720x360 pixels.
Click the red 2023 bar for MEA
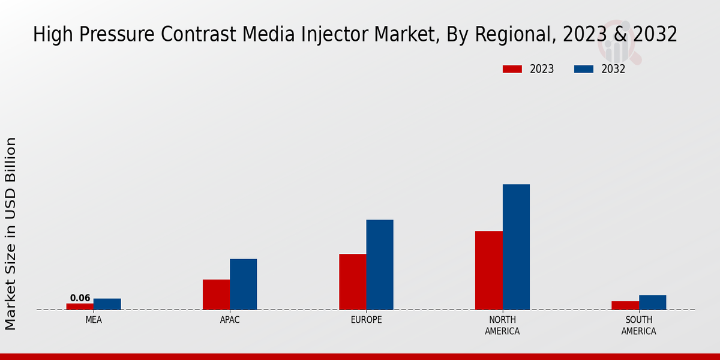click(80, 307)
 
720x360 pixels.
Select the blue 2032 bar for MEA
click(107, 304)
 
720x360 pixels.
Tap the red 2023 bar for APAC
click(216, 295)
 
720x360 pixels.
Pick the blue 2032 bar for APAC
click(244, 284)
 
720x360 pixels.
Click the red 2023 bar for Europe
click(353, 282)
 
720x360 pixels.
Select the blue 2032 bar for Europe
click(380, 265)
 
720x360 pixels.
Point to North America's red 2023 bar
click(489, 271)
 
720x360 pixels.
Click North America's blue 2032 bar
click(516, 247)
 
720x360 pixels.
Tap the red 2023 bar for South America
click(625, 305)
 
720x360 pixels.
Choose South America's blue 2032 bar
click(653, 302)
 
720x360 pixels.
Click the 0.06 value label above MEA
click(80, 298)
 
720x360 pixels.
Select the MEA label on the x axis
click(94, 320)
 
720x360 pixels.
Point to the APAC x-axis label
click(230, 320)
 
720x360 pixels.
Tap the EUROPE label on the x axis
click(366, 320)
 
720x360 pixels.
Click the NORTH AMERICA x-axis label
click(503, 325)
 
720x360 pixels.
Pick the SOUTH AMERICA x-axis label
click(639, 325)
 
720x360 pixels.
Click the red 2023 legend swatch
click(512, 69)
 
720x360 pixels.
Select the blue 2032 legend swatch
click(584, 69)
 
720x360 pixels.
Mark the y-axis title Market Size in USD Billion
click(11, 234)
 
